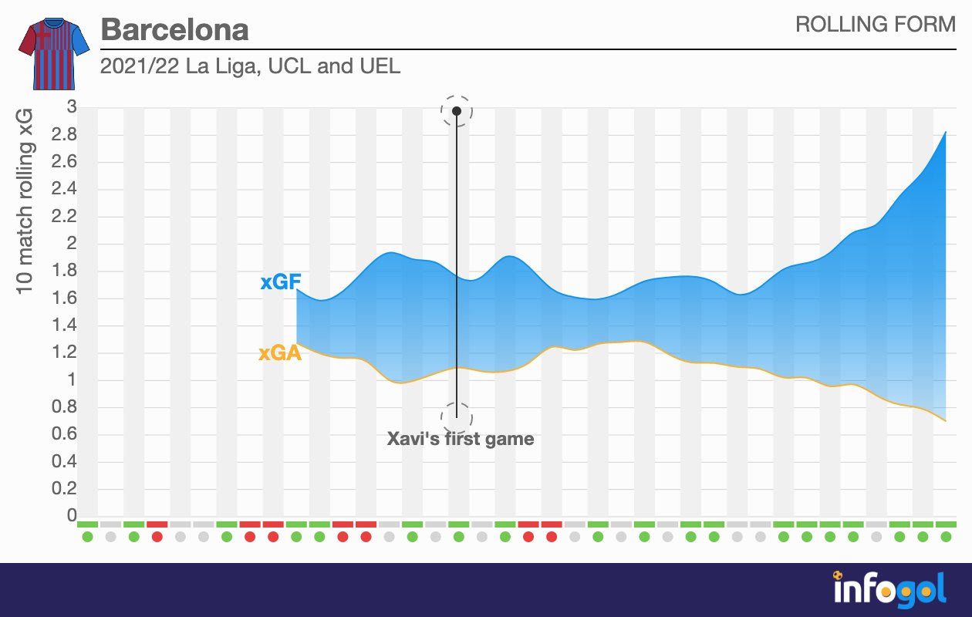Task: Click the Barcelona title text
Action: click(174, 30)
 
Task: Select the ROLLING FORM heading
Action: click(875, 25)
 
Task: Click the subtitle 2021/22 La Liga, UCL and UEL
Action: click(250, 66)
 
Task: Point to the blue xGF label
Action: click(279, 283)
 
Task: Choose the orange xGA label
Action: click(279, 354)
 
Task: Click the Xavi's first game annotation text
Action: click(460, 440)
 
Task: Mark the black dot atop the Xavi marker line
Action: click(457, 111)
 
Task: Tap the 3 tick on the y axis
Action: click(72, 107)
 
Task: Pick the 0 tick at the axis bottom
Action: click(72, 515)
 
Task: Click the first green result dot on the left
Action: click(87, 537)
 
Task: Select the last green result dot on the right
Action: click(946, 537)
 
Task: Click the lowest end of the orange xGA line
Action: click(946, 421)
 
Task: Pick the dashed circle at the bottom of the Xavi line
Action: click(457, 418)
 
